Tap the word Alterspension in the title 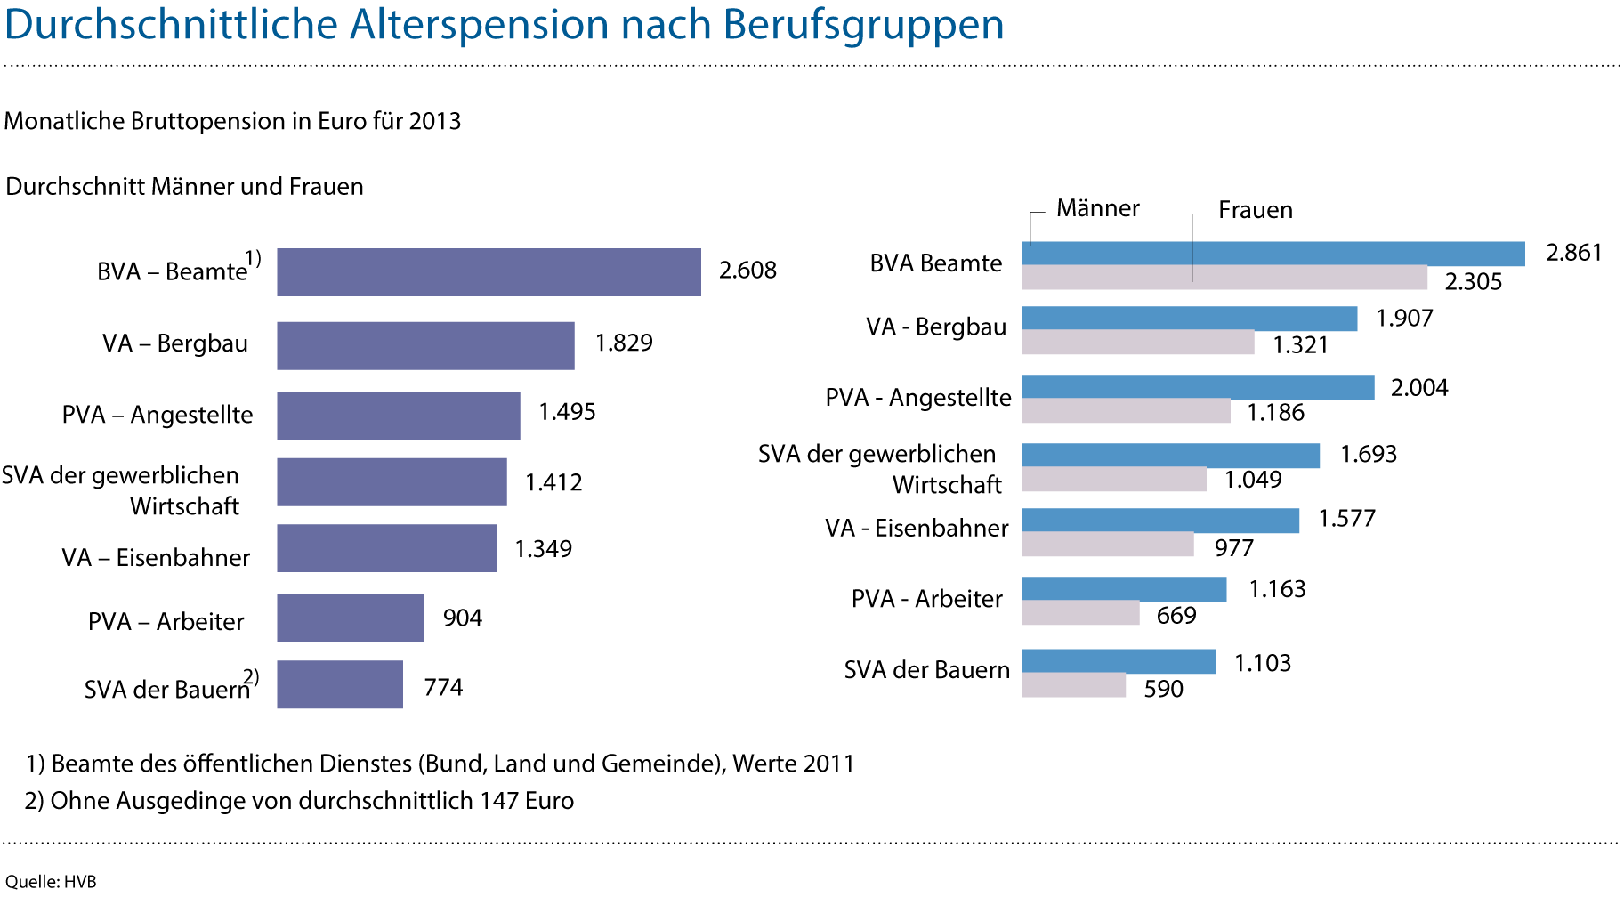pyautogui.click(x=478, y=25)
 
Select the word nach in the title pyautogui.click(x=665, y=25)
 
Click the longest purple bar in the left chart pyautogui.click(x=489, y=272)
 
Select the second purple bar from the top pyautogui.click(x=425, y=345)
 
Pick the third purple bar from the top pyautogui.click(x=398, y=416)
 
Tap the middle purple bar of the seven pyautogui.click(x=392, y=481)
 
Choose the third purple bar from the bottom pyautogui.click(x=386, y=548)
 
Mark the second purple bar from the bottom pyautogui.click(x=350, y=618)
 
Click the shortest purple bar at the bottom pyautogui.click(x=339, y=684)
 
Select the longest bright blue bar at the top pyautogui.click(x=1273, y=254)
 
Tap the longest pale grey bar pyautogui.click(x=1224, y=278)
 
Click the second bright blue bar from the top pyautogui.click(x=1189, y=319)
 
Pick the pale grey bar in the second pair pyautogui.click(x=1137, y=343)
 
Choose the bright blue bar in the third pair pyautogui.click(x=1198, y=387)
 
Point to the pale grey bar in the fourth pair pyautogui.click(x=1113, y=480)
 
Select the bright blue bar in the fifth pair pyautogui.click(x=1160, y=521)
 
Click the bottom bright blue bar pyautogui.click(x=1119, y=661)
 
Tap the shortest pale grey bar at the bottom pyautogui.click(x=1073, y=685)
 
